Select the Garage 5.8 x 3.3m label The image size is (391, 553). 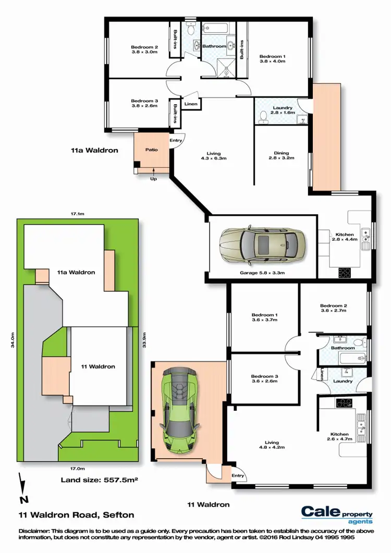[x=262, y=273]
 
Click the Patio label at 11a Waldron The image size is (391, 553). [x=151, y=150]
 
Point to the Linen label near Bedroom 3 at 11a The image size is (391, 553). [x=191, y=104]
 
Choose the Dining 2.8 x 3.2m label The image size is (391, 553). [x=278, y=156]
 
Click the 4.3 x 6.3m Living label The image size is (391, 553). [x=214, y=156]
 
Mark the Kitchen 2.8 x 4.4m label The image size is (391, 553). [x=345, y=237]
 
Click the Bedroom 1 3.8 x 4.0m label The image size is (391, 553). [x=273, y=58]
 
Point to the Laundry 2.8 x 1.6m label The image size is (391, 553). [x=282, y=110]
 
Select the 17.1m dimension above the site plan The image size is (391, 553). [x=77, y=213]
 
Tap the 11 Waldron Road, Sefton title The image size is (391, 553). [x=76, y=514]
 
